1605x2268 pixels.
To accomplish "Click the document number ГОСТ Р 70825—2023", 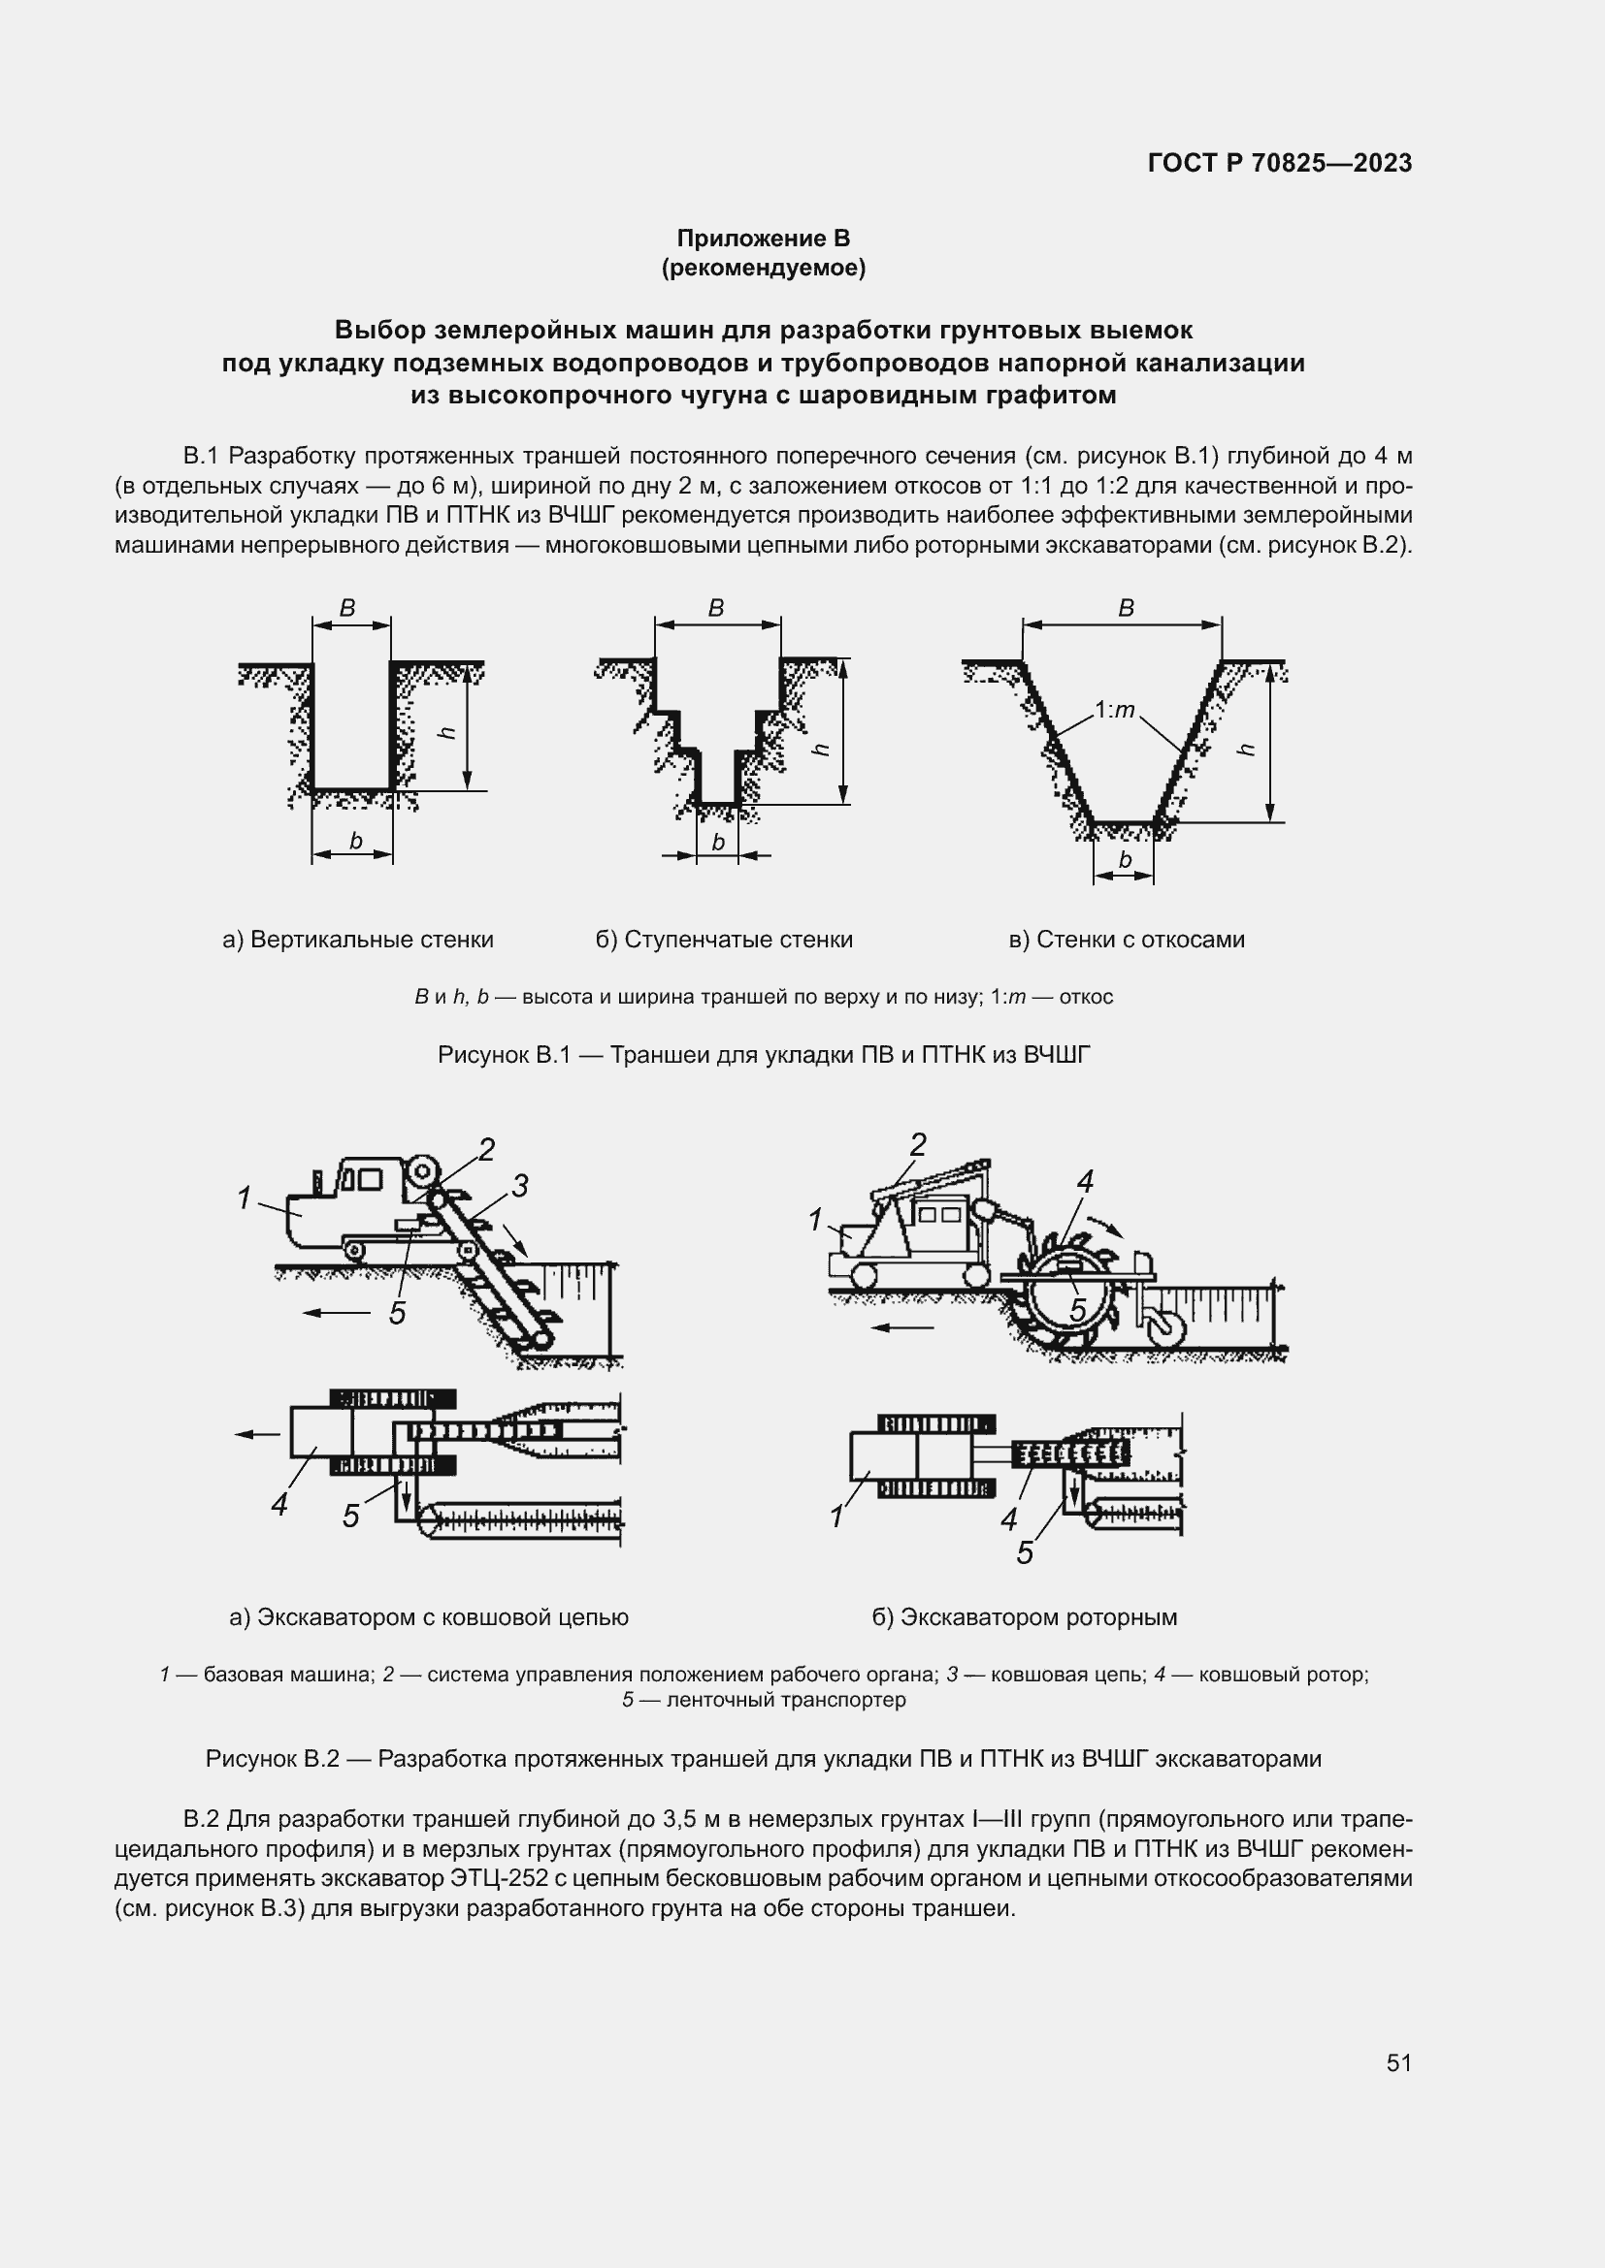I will click(1279, 163).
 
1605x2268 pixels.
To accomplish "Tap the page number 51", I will click(1398, 2063).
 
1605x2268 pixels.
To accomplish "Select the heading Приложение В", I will click(763, 239).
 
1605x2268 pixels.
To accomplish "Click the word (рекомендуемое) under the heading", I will click(763, 268).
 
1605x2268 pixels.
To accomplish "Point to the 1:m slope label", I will click(1115, 709).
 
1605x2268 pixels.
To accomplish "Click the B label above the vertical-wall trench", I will click(348, 609).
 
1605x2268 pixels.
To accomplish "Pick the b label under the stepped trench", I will click(718, 842).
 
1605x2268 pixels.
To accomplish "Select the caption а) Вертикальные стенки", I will click(358, 940).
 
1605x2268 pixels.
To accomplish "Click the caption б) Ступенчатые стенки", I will click(724, 940).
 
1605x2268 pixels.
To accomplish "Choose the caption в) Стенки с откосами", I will click(1127, 940).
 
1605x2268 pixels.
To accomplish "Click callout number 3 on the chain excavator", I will click(520, 1185).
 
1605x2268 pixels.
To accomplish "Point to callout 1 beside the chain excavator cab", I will click(245, 1198).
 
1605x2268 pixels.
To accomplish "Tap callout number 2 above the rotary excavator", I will click(918, 1145).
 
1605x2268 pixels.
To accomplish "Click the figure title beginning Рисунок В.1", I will click(764, 1055).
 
